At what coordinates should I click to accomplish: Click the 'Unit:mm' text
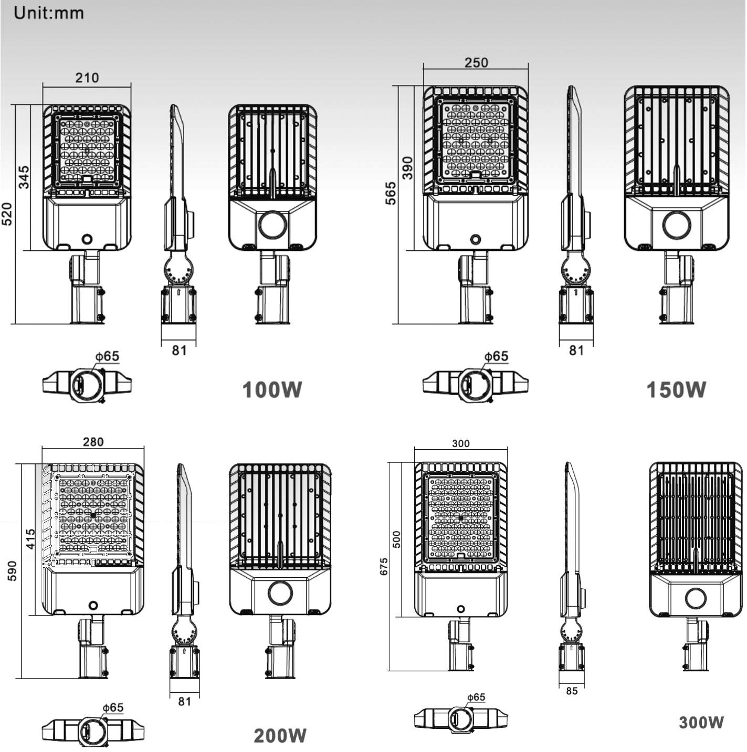49,13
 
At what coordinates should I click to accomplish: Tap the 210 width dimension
87,78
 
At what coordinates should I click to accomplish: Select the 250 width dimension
476,62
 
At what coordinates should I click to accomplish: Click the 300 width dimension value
461,443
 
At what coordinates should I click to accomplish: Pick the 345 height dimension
24,177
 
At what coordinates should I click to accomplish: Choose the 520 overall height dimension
8,214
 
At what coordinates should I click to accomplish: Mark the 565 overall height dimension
391,193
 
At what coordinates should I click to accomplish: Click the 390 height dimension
407,168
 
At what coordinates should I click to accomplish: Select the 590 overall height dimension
13,570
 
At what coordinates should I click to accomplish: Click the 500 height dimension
396,539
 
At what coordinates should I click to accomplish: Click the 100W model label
272,389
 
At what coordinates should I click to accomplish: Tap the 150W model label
676,389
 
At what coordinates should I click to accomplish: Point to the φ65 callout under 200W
113,707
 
